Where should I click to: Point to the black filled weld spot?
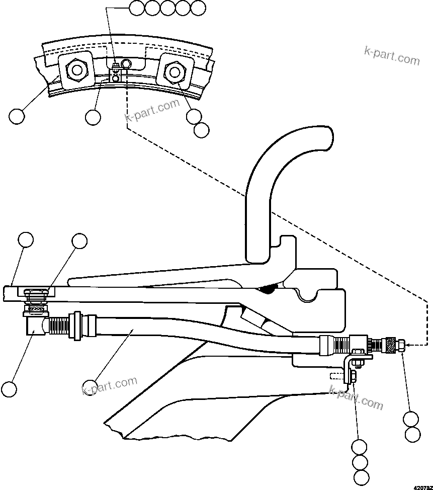270,289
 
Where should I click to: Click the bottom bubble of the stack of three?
361,477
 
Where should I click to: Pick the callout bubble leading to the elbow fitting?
9,389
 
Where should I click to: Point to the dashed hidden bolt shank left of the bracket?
337,376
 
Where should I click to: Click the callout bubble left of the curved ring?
17,116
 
